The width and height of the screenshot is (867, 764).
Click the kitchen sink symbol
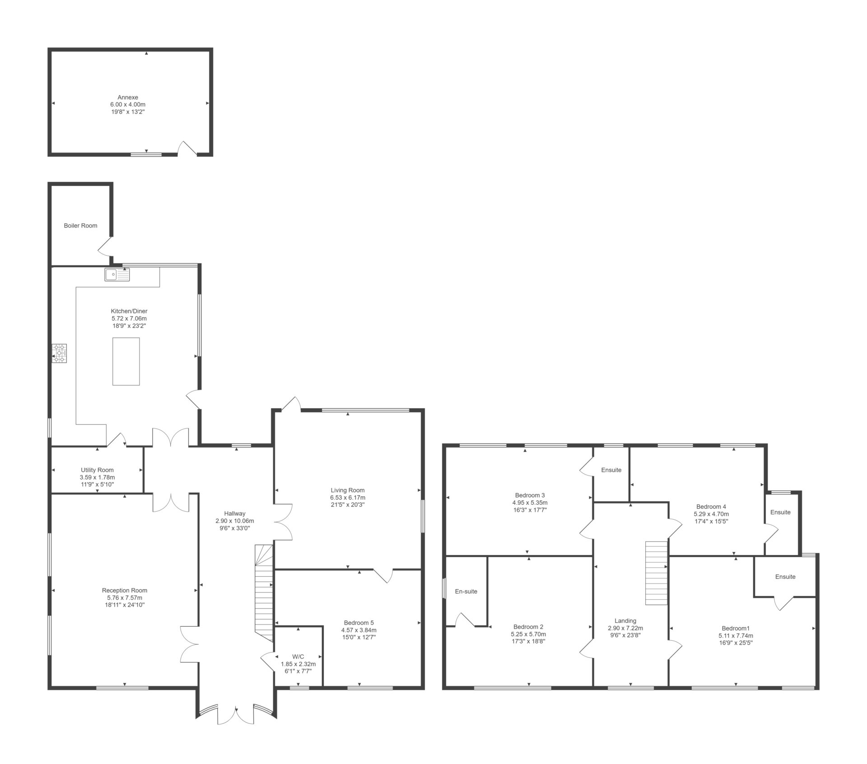pyautogui.click(x=117, y=274)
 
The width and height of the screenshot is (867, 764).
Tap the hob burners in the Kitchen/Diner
pyautogui.click(x=60, y=353)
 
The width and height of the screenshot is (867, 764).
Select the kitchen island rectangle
pyautogui.click(x=126, y=361)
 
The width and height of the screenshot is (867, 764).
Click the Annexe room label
pyautogui.click(x=128, y=97)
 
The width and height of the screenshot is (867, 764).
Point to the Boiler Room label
pyautogui.click(x=80, y=225)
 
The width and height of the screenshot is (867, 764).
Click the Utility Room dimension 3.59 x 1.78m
pyautogui.click(x=97, y=477)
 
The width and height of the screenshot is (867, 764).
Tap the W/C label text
pyautogui.click(x=298, y=657)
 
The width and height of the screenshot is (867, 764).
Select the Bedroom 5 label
pyautogui.click(x=359, y=623)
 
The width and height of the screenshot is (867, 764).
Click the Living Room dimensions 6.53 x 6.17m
pyautogui.click(x=348, y=498)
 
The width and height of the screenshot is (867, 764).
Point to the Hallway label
pyautogui.click(x=235, y=513)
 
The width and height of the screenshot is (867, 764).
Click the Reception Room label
pyautogui.click(x=125, y=590)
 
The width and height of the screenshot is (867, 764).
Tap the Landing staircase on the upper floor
pyautogui.click(x=656, y=573)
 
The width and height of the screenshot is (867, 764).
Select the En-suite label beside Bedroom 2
pyautogui.click(x=466, y=591)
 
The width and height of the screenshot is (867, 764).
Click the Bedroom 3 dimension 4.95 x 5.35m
pyautogui.click(x=530, y=503)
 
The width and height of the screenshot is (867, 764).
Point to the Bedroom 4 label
pyautogui.click(x=711, y=507)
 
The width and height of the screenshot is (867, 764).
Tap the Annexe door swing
pyautogui.click(x=187, y=148)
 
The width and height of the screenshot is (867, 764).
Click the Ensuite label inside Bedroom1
pyautogui.click(x=785, y=577)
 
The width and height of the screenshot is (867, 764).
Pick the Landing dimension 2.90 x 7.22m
pyautogui.click(x=625, y=628)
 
